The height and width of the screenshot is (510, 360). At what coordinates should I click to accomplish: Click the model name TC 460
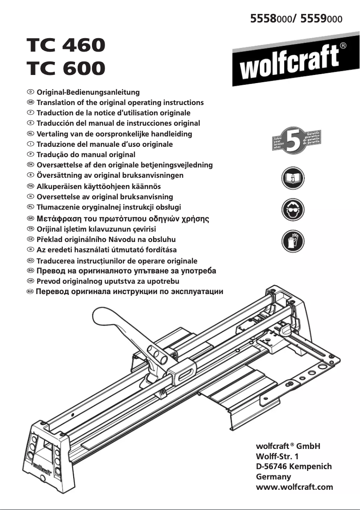(x=66, y=45)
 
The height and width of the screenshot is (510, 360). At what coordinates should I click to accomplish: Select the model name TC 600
(x=66, y=68)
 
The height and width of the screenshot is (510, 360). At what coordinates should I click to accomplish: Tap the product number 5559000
(x=322, y=19)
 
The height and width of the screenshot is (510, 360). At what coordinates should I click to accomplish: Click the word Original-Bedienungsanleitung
(x=88, y=92)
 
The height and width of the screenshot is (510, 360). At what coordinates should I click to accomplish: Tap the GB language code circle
(x=31, y=102)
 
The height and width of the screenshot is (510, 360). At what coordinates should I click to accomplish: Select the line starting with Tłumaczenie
(x=109, y=207)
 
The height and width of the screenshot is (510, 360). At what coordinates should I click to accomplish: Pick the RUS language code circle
(x=30, y=292)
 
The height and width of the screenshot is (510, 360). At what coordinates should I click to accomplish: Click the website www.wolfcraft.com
(x=294, y=487)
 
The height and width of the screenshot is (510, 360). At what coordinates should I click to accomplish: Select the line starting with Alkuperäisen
(x=98, y=186)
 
